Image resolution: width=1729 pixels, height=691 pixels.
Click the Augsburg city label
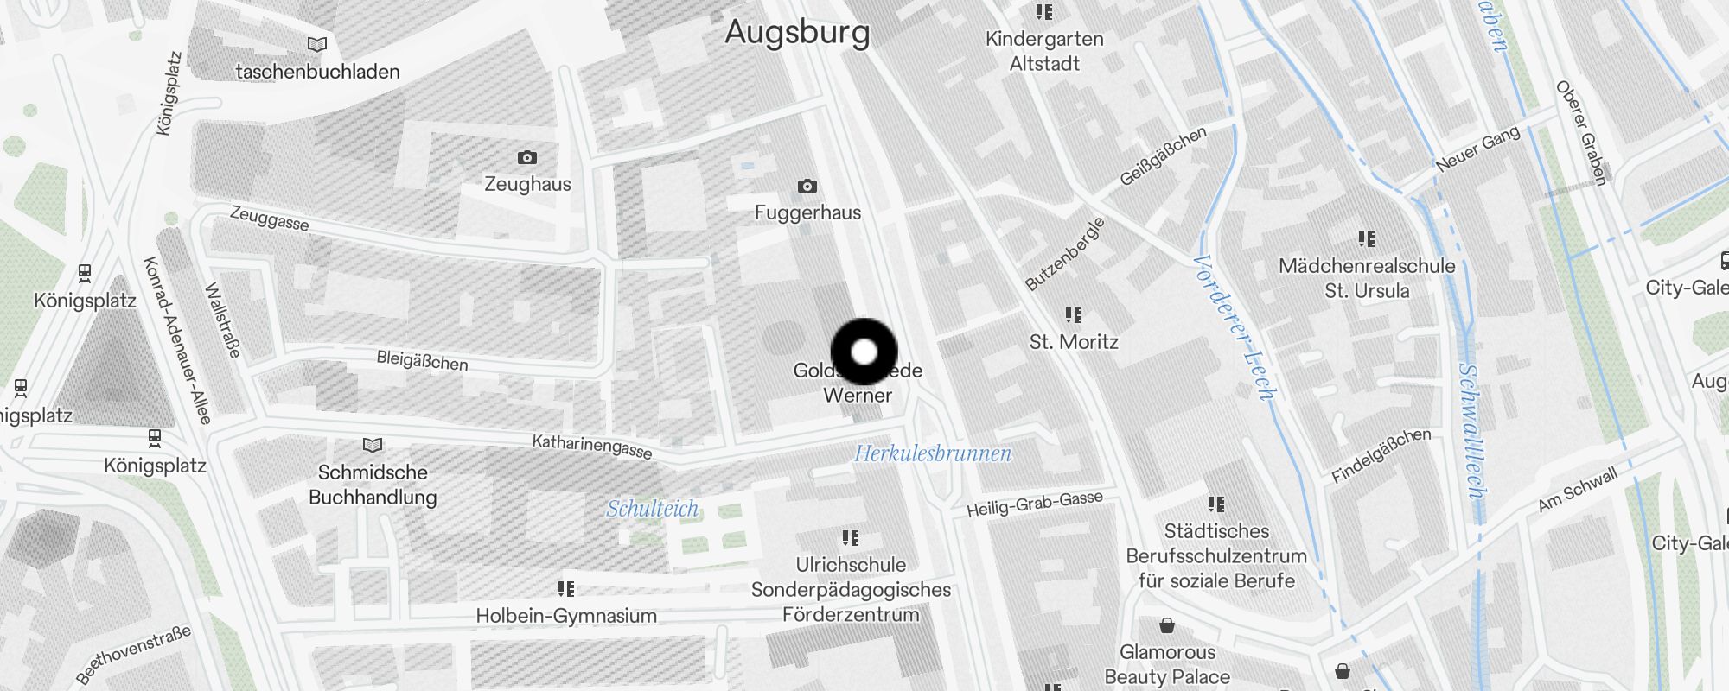point(797,32)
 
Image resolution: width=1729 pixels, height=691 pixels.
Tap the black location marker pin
point(864,352)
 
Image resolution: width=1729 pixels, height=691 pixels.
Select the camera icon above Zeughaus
point(527,157)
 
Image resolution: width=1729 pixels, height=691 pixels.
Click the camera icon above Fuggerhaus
point(807,186)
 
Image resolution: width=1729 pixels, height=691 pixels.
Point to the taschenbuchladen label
point(317,72)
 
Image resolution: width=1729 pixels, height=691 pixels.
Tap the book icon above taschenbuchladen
point(317,44)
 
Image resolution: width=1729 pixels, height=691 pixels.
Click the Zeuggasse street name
point(269,219)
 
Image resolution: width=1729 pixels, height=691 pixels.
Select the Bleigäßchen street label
point(422,360)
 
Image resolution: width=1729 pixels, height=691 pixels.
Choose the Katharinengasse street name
point(591,447)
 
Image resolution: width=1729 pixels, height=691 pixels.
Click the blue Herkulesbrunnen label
point(933,453)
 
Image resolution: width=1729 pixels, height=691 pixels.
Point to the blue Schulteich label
point(652,509)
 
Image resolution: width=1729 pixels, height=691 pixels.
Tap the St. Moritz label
point(1074,342)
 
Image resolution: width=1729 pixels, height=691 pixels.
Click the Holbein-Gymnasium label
point(566,616)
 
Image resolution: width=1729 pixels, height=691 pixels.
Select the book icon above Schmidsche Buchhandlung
point(373,445)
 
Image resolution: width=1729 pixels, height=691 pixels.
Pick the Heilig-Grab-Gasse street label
point(1035,504)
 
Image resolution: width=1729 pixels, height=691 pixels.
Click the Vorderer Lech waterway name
point(1235,328)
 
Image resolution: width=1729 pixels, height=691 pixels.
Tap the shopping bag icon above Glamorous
point(1167,625)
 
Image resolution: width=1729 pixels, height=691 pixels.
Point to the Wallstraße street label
point(222,320)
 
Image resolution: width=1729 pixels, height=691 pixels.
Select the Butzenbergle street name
point(1064,254)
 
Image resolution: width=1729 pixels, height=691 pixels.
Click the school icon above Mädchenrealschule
point(1367,238)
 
